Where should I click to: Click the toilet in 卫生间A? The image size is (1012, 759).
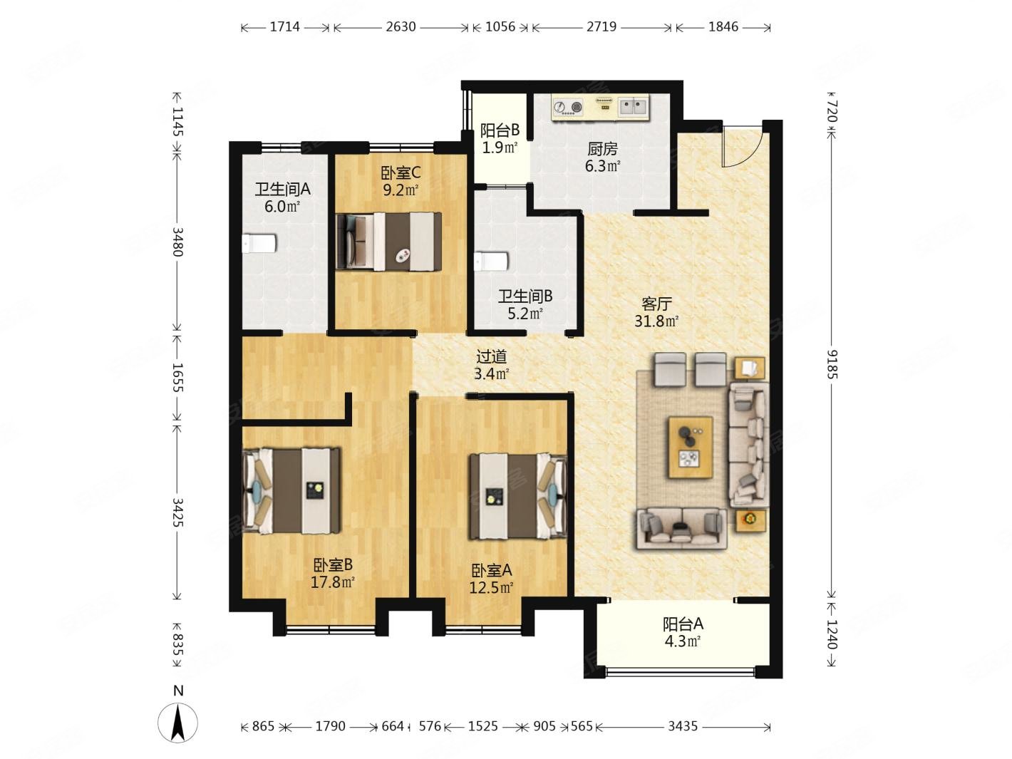pyautogui.click(x=259, y=243)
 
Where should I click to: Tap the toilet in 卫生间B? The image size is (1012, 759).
pyautogui.click(x=491, y=261)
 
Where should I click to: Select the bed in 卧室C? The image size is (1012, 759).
pyautogui.click(x=388, y=242)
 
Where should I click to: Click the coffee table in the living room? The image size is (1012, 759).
pyautogui.click(x=690, y=447)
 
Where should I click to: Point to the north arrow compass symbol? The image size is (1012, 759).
pyautogui.click(x=177, y=723)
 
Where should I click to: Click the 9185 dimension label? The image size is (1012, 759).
pyautogui.click(x=832, y=364)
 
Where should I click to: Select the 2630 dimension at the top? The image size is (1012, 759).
pyautogui.click(x=401, y=27)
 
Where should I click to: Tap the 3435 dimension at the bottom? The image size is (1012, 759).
pyautogui.click(x=683, y=726)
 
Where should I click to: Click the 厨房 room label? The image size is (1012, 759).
pyautogui.click(x=602, y=149)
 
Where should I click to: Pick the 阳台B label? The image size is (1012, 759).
pyautogui.click(x=500, y=130)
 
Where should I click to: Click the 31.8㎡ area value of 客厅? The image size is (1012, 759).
pyautogui.click(x=656, y=321)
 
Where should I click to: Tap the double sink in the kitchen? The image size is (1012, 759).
pyautogui.click(x=633, y=108)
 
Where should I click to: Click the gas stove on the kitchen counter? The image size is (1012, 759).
pyautogui.click(x=567, y=108)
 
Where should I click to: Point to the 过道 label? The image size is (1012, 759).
pyautogui.click(x=491, y=356)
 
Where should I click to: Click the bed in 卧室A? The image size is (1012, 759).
pyautogui.click(x=517, y=496)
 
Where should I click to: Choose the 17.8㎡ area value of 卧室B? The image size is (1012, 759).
pyautogui.click(x=332, y=582)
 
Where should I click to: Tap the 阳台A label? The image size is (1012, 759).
pyautogui.click(x=683, y=624)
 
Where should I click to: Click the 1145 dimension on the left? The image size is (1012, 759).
pyautogui.click(x=177, y=122)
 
